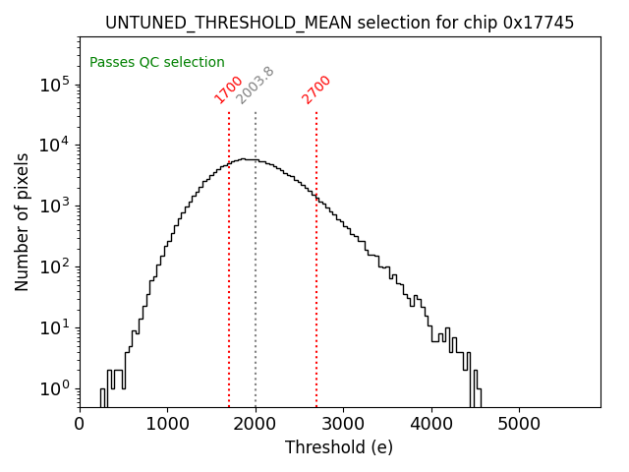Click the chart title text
pyautogui.click(x=339, y=23)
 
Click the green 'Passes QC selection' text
pyautogui.click(x=157, y=62)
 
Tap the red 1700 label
pyautogui.click(x=229, y=89)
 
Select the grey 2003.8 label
pyautogui.click(x=256, y=86)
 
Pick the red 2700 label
pyautogui.click(x=316, y=89)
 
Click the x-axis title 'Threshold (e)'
pyautogui.click(x=339, y=447)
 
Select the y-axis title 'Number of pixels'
pyautogui.click(x=23, y=222)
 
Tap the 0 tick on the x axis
pyautogui.click(x=80, y=424)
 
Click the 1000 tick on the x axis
pyautogui.click(x=167, y=424)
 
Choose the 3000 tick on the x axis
pyautogui.click(x=343, y=424)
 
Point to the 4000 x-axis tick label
pyautogui.click(x=430, y=424)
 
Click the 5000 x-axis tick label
pyautogui.click(x=519, y=424)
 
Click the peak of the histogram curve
pyautogui.click(x=243, y=158)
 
